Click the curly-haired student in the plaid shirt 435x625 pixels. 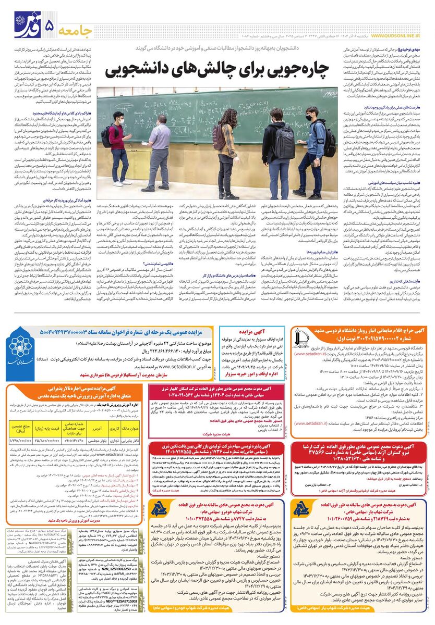click(228, 156)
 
